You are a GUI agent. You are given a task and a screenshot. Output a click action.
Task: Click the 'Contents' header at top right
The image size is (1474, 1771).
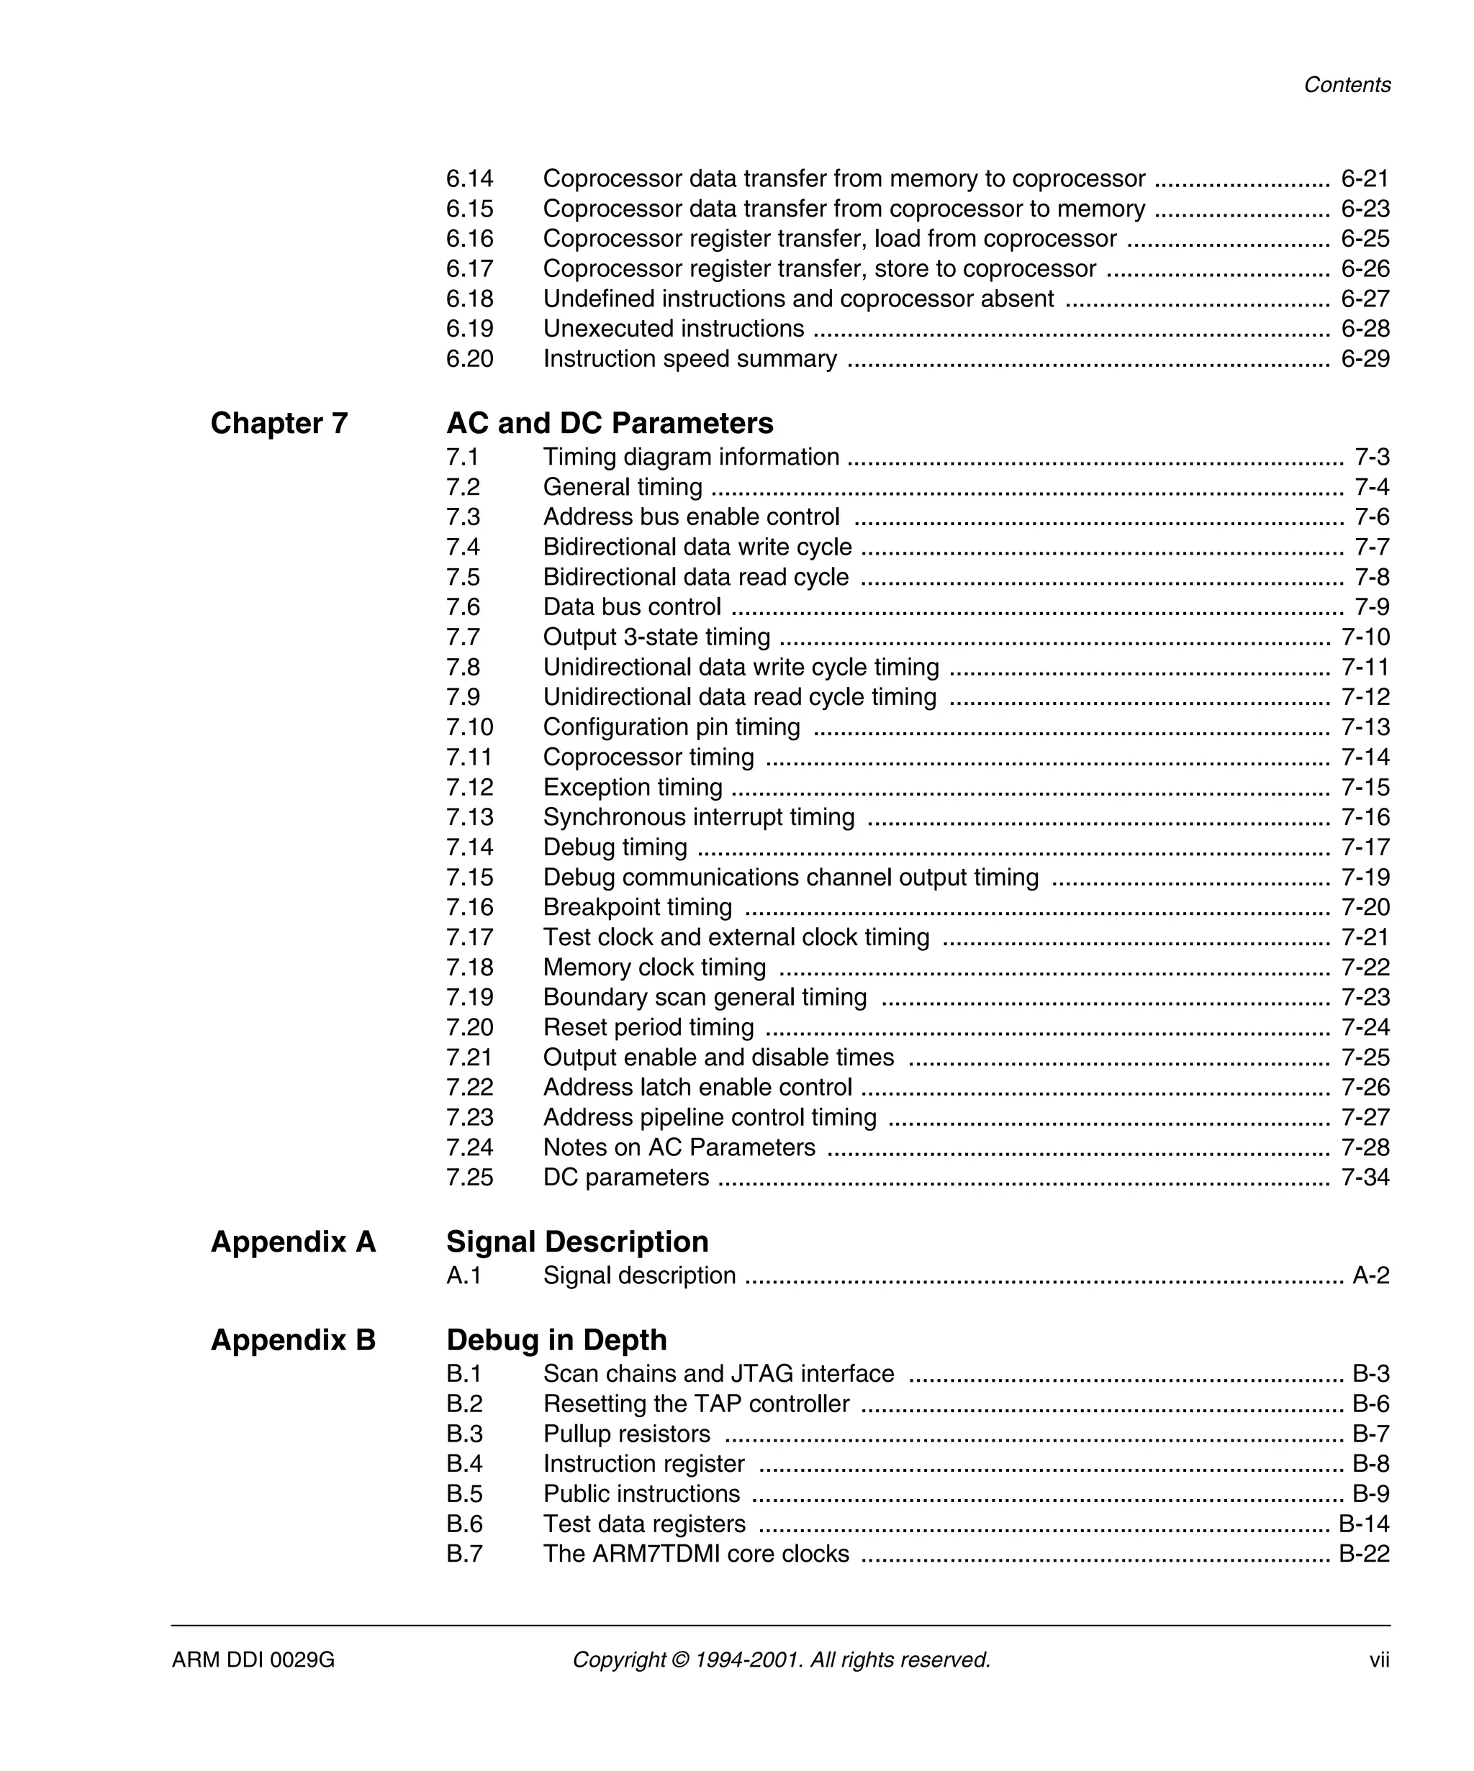(x=1346, y=85)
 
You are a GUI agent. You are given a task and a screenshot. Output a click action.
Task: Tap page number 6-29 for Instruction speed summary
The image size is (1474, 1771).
(x=1365, y=358)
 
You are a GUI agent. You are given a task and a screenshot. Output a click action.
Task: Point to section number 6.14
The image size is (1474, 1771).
(x=469, y=179)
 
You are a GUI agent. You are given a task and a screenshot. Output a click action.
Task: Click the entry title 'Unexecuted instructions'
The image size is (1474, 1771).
(x=672, y=329)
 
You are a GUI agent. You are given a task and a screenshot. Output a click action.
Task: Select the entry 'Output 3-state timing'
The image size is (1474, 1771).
(x=656, y=637)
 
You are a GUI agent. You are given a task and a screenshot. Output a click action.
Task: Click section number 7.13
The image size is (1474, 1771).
(x=469, y=817)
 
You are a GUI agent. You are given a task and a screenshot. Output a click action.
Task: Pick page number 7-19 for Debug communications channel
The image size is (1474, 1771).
(x=1365, y=877)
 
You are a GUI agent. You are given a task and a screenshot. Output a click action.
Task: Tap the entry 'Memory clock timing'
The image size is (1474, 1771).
(x=654, y=968)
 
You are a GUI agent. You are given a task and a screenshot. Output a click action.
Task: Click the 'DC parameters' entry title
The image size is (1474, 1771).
(x=625, y=1178)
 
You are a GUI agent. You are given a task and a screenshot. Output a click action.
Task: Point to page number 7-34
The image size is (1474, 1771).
(x=1365, y=1178)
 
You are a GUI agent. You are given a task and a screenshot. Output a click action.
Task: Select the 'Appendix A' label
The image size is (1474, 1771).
(x=293, y=1242)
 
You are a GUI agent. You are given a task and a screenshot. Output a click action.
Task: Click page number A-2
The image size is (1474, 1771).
(x=1370, y=1275)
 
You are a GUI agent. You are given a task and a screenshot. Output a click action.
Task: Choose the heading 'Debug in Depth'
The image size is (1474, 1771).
(x=556, y=1340)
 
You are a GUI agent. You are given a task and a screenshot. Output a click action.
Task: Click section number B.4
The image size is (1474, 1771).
(x=464, y=1464)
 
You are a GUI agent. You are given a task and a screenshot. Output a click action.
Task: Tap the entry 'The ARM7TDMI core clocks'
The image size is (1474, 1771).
(x=695, y=1554)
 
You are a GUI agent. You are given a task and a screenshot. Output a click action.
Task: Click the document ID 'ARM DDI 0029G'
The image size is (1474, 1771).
(x=253, y=1660)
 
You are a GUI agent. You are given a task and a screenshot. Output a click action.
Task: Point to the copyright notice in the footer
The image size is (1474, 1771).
(x=780, y=1660)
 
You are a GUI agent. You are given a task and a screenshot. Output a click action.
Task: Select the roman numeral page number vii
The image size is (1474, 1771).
(x=1379, y=1660)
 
